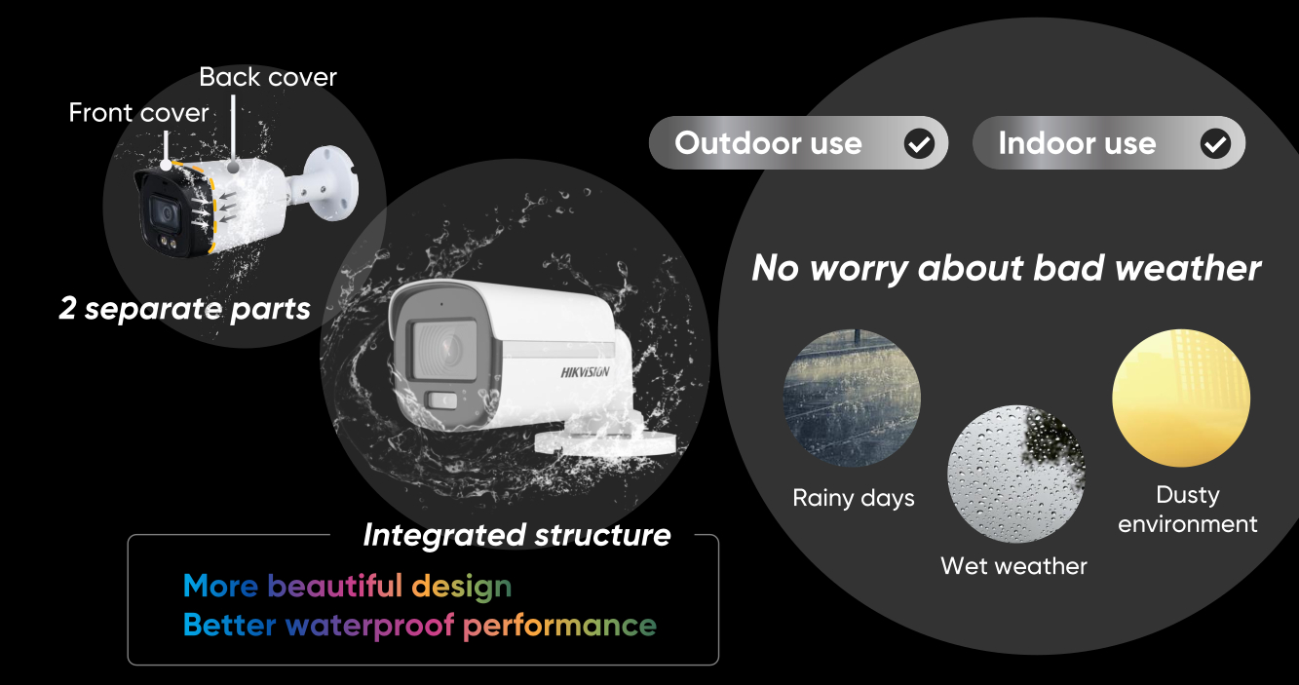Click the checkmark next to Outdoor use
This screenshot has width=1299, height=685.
pos(919,143)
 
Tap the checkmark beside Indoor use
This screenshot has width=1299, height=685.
pos(1215,143)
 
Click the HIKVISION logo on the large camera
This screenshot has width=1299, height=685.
pos(585,372)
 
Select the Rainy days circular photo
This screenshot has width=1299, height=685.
pos(852,398)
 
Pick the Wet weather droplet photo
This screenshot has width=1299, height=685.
pos(1016,474)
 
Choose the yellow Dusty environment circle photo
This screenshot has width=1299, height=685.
pos(1181,398)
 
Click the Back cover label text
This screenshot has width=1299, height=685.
pos(267,77)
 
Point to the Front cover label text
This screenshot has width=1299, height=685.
pos(138,112)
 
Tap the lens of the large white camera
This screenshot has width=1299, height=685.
pos(444,351)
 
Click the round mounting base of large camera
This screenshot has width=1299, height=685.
pos(604,442)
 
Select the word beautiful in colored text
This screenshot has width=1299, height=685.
pos(334,586)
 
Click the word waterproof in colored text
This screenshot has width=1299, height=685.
pos(370,626)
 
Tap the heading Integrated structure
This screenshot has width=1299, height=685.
pos(516,535)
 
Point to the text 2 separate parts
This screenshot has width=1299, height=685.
pos(184,309)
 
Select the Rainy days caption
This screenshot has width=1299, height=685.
pos(853,499)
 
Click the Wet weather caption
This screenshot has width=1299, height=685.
pos(1013,566)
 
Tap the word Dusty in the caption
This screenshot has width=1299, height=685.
pos(1188,496)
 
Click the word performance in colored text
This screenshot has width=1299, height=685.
pos(559,627)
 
